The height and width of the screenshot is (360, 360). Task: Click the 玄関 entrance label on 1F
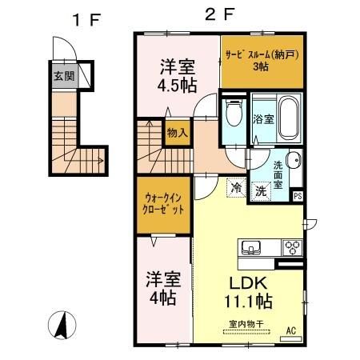click(64, 76)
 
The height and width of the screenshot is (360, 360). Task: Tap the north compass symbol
click(62, 326)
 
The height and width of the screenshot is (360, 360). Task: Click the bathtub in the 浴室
click(289, 118)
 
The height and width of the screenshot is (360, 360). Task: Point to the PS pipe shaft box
click(298, 196)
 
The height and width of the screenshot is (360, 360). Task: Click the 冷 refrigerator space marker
click(237, 188)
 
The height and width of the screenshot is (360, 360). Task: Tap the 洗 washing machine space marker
click(261, 191)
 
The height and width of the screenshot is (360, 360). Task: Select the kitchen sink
click(250, 248)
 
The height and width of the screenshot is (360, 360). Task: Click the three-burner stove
click(292, 248)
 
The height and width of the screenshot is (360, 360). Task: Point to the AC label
click(291, 331)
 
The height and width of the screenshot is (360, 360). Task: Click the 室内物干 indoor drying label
click(246, 324)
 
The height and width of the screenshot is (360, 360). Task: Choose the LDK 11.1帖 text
click(249, 292)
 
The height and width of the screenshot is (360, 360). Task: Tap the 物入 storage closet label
click(178, 133)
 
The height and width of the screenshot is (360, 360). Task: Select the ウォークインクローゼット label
click(163, 204)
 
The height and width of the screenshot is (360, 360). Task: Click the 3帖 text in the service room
click(261, 66)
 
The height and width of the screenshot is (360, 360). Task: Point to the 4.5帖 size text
click(178, 86)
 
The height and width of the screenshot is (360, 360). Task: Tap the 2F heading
click(220, 14)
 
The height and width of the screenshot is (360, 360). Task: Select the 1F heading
click(87, 20)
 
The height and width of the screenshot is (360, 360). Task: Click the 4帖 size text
click(163, 298)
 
